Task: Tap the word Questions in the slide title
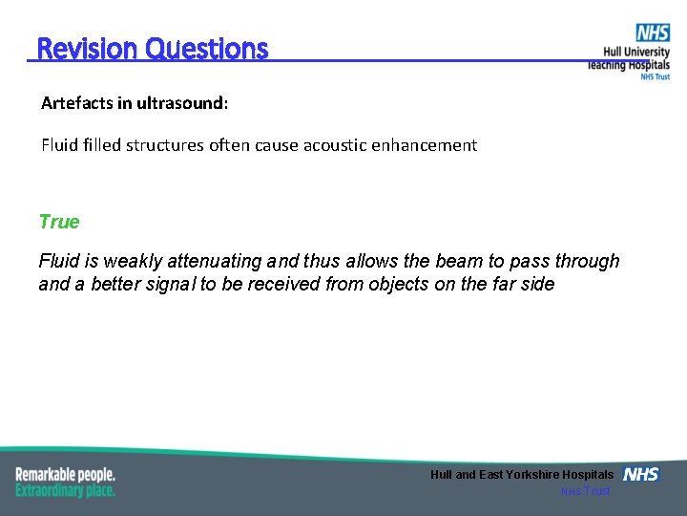tap(207, 49)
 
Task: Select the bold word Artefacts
tap(80, 103)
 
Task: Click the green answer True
tap(59, 222)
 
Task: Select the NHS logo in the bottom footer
tap(641, 475)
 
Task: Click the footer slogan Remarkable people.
tap(65, 474)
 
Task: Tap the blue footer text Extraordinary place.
tap(65, 490)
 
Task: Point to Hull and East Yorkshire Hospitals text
tap(522, 475)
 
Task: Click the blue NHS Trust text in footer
tap(585, 491)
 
